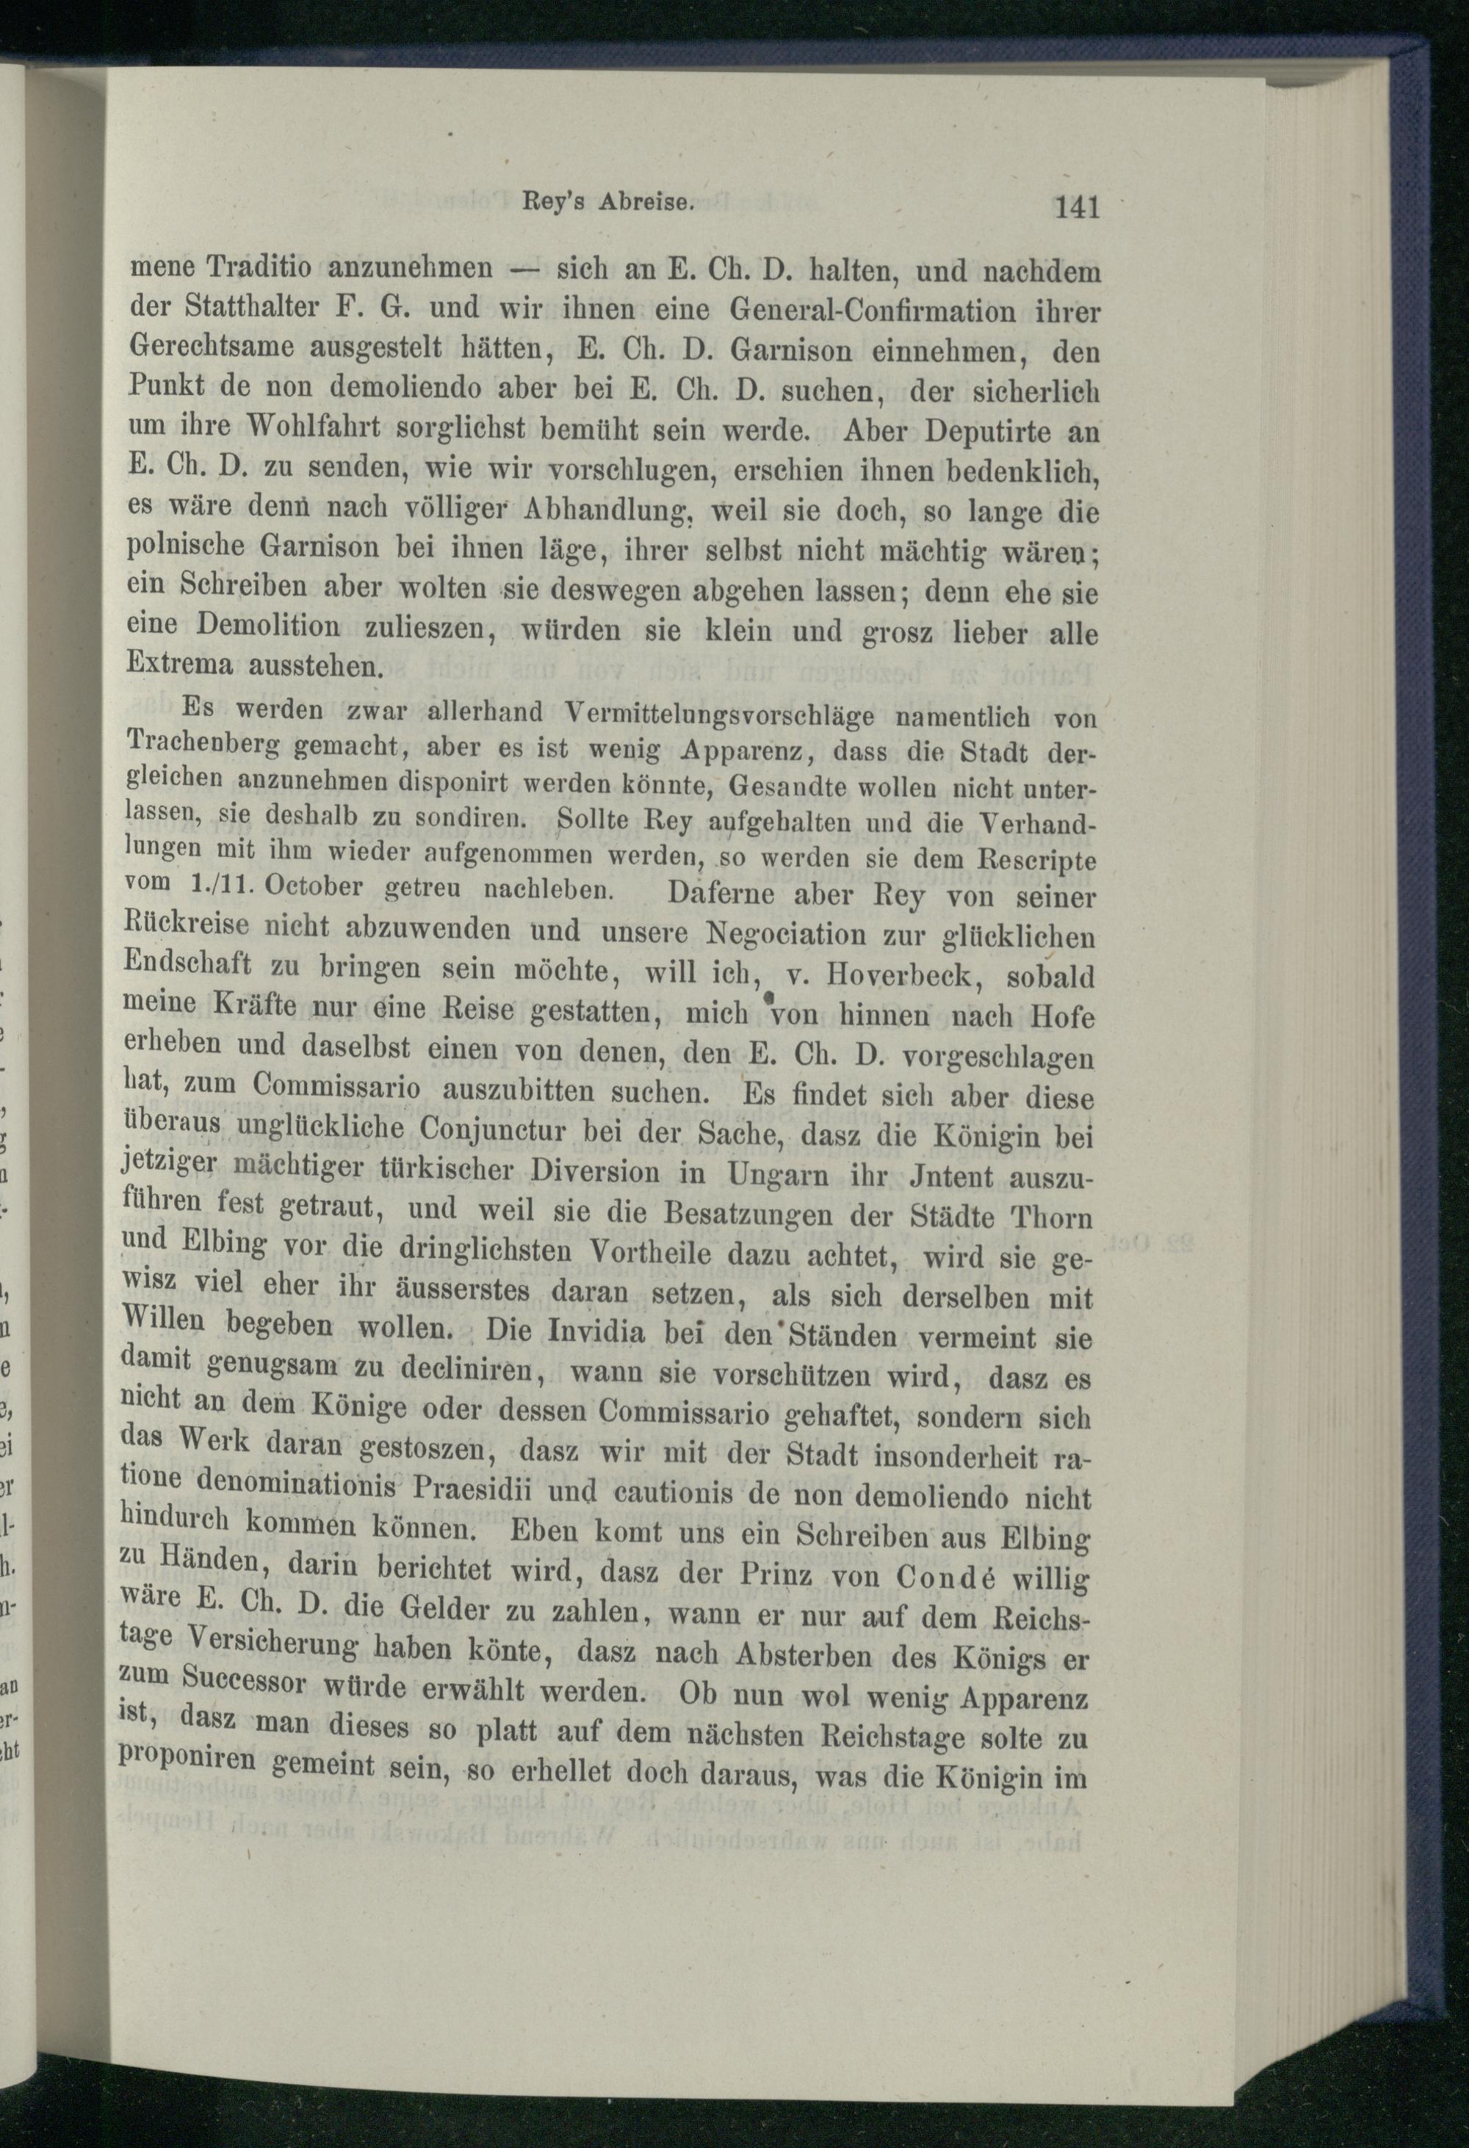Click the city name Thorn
1051,1216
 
